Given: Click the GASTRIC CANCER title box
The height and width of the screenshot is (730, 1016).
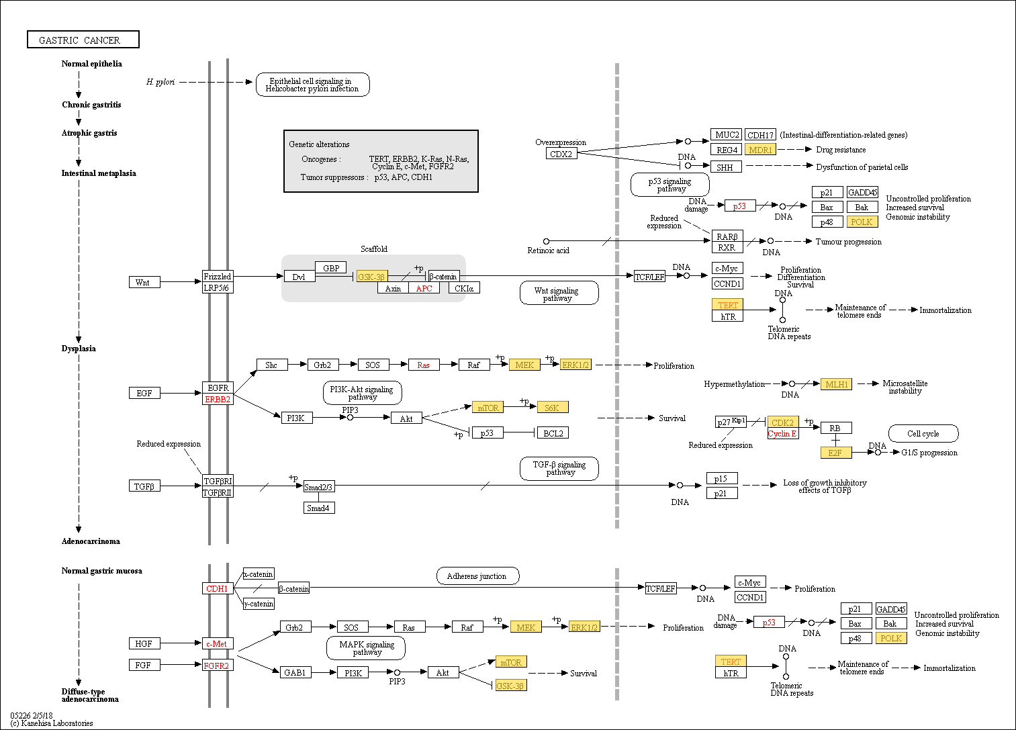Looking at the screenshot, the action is pos(83,40).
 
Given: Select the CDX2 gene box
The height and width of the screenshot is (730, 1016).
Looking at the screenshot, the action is pos(561,153).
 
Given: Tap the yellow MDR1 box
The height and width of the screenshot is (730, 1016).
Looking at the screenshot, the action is pos(760,149).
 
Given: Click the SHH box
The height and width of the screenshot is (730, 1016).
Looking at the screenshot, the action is pos(726,167).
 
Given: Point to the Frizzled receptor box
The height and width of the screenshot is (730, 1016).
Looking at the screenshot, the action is pos(218,276).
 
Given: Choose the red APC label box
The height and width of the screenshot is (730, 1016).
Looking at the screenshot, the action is pos(424,288).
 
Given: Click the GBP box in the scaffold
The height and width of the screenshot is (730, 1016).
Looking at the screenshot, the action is pos(330,268).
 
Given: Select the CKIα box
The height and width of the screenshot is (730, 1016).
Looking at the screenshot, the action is pos(464,288).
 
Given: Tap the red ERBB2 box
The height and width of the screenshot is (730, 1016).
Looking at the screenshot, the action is pos(218,399).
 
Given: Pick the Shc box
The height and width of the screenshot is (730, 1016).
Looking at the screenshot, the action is pos(272,365).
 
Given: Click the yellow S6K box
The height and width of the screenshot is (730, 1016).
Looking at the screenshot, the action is pos(553,408).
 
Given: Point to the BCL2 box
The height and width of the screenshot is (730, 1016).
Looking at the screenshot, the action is pos(553,432).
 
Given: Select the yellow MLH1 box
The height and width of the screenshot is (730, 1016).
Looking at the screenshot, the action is pos(836,384).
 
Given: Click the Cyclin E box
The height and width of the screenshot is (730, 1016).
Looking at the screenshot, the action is pos(782,433).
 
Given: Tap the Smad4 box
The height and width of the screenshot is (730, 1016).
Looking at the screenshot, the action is pos(319,508).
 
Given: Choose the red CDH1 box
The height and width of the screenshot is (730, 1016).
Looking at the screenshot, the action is pos(218,588).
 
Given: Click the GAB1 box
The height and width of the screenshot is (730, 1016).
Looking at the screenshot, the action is pos(295,672).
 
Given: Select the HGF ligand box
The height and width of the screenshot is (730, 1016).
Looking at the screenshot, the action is pos(144,643).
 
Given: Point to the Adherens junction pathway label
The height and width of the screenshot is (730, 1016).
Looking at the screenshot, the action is pos(477,576).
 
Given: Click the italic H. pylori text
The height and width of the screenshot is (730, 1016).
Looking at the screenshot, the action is pos(160,82).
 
